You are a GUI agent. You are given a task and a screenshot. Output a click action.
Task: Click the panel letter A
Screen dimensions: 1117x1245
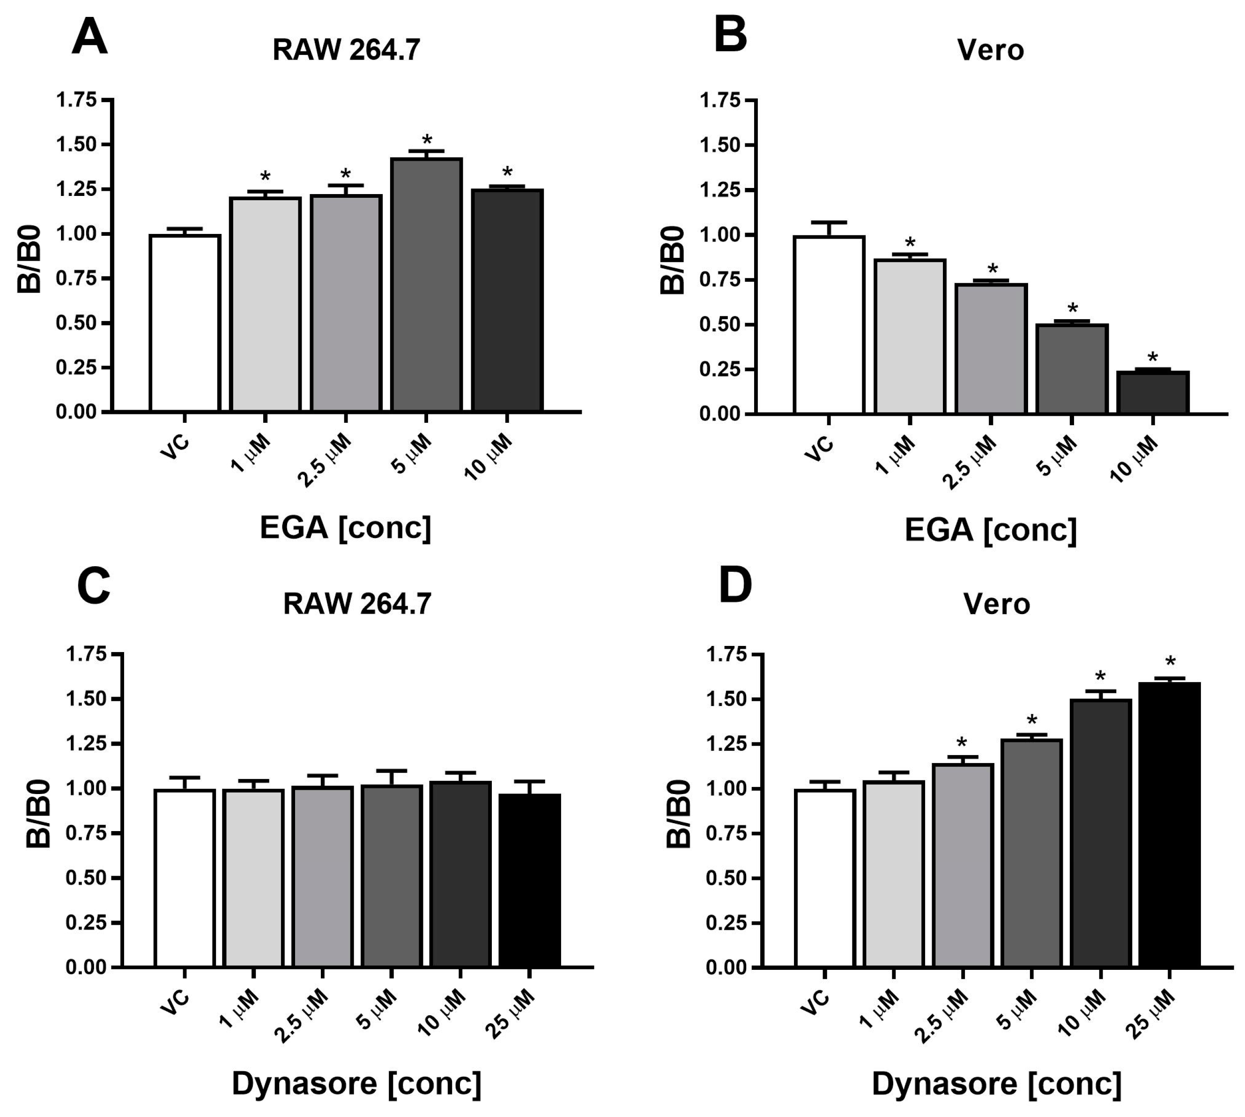[x=89, y=38]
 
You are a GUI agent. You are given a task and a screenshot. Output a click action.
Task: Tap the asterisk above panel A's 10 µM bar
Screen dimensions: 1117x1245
[x=507, y=172]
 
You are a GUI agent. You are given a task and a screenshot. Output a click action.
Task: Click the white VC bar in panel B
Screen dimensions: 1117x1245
[x=829, y=325]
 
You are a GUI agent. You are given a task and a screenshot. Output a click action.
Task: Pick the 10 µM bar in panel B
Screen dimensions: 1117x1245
[x=1153, y=392]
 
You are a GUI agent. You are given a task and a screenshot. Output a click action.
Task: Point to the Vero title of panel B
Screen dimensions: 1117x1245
[x=991, y=50]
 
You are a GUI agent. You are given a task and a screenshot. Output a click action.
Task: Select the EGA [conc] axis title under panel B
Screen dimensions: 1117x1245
[x=991, y=529]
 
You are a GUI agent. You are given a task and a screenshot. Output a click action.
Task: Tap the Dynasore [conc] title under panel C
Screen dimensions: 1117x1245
[x=357, y=1083]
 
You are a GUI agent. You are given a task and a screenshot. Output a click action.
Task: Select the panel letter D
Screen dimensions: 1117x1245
[x=735, y=586]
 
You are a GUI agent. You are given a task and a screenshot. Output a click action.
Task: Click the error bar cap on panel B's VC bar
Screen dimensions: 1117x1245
[x=829, y=222]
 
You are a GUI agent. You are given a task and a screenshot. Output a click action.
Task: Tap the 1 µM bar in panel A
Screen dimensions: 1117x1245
[x=265, y=304]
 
